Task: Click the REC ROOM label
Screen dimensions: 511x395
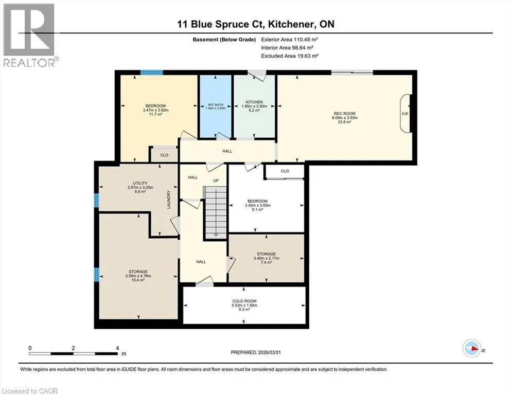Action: (344, 113)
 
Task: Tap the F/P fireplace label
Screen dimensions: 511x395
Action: (405, 114)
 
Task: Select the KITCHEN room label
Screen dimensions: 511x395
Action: (254, 102)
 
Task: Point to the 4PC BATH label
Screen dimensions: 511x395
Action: (216, 104)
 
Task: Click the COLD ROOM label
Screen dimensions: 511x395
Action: (244, 301)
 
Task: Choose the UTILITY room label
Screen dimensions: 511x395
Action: (140, 183)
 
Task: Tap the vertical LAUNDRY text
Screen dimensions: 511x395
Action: (169, 199)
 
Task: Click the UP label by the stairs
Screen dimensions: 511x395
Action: (216, 181)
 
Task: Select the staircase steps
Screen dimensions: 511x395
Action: (216, 212)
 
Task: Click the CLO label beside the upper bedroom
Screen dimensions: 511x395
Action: (164, 155)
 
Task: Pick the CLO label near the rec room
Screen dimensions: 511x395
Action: (285, 171)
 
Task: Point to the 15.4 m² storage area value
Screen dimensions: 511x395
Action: (137, 280)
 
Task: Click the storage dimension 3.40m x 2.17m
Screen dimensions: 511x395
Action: (266, 258)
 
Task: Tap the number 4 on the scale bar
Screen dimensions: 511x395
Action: (117, 348)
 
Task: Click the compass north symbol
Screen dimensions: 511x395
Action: (472, 348)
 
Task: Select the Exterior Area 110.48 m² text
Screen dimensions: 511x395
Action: (289, 40)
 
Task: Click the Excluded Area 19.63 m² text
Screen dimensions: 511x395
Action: (290, 56)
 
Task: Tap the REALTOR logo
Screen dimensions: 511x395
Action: (30, 35)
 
